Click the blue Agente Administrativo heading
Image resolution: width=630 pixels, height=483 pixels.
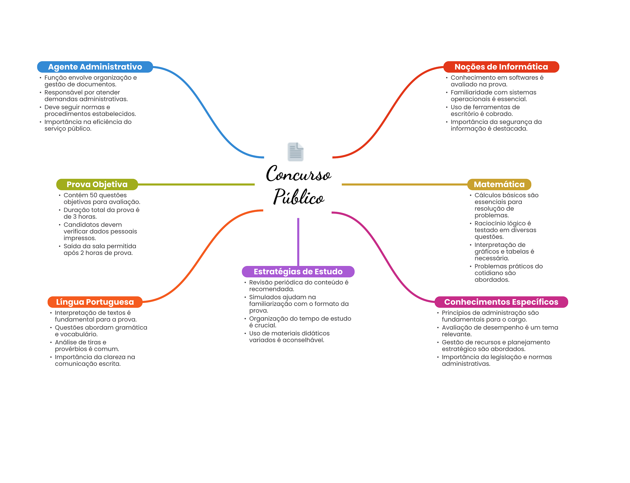(95, 67)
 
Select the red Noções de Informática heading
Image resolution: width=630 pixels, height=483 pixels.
(501, 67)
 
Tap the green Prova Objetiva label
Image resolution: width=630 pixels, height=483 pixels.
(97, 184)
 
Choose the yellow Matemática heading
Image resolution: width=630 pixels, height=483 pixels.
(499, 184)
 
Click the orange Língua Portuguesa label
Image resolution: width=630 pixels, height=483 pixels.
(95, 302)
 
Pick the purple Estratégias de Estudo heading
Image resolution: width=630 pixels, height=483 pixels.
(298, 272)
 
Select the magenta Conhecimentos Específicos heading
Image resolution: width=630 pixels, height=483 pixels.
(501, 302)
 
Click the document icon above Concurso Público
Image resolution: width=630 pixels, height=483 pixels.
(296, 152)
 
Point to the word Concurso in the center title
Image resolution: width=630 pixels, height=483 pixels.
(298, 174)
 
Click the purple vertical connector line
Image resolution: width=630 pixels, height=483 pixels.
(298, 242)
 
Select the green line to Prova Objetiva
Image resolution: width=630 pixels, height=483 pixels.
(196, 184)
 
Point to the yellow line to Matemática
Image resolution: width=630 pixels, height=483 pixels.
(405, 184)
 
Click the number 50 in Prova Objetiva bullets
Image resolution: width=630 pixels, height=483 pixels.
(94, 195)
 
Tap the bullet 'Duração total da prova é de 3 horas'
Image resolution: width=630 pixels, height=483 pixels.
(102, 213)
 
